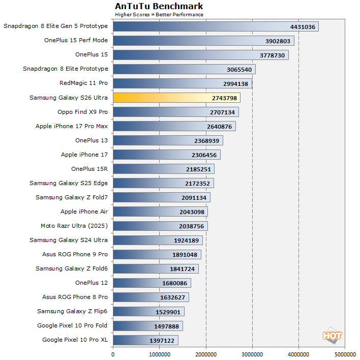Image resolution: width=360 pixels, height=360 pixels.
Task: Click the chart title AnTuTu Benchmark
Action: pos(159,6)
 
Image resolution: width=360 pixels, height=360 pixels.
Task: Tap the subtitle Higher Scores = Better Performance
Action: pos(159,14)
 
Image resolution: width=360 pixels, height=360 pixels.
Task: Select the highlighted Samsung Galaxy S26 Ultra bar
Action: pos(176,98)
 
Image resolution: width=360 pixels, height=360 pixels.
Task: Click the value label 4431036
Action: pos(303,26)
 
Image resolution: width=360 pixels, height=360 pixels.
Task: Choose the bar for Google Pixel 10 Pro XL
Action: pos(145,340)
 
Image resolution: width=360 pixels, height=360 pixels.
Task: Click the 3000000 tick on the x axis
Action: pos(252,354)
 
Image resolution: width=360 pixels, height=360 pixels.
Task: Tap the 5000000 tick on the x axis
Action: pos(345,354)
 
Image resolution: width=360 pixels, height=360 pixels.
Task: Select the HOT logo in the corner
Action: pos(332,336)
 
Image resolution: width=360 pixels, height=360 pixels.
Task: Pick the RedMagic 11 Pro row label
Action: pos(83,83)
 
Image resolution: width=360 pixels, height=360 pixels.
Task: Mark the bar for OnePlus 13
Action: pos(168,140)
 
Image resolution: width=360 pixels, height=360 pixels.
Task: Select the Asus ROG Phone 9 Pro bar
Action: pos(157,254)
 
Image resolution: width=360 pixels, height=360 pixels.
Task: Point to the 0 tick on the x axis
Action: pos(113,354)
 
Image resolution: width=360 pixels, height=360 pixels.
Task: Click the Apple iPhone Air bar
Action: pos(160,212)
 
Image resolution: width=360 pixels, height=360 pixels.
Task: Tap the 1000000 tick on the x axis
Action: pos(159,354)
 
